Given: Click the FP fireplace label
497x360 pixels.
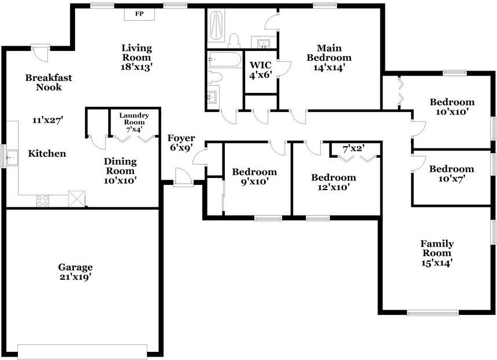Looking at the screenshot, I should [139, 13].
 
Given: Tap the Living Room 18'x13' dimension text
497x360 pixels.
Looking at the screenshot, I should [136, 68].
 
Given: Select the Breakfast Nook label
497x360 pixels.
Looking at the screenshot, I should [43, 82].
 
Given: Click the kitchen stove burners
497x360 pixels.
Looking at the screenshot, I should [43, 201].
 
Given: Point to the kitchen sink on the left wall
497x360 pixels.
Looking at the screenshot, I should [11, 156].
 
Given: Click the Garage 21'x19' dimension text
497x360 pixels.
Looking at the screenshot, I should [75, 277].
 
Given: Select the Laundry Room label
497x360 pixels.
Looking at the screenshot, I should [134, 119].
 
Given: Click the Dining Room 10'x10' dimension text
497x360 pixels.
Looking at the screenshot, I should [120, 180].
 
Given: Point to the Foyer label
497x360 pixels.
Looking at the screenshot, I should [181, 139].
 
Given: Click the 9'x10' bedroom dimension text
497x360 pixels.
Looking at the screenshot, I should [254, 181].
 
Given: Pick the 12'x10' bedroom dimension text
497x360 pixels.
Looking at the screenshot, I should [333, 187].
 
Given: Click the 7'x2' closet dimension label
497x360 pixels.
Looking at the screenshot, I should [354, 149].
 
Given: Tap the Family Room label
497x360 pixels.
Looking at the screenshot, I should [437, 248].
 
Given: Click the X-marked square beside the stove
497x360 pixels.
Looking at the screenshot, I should [77, 199].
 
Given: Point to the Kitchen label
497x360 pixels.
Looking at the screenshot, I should [47, 154].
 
